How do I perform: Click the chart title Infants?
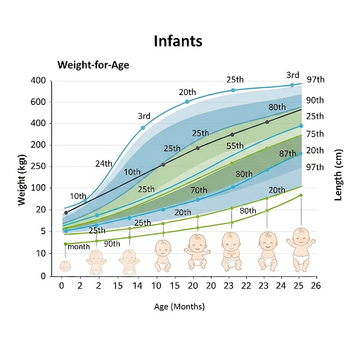coord(178,41)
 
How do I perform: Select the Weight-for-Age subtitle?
coord(93,65)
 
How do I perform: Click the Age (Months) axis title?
coord(179,307)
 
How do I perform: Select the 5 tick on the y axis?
coord(43,231)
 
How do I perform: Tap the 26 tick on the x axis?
coord(316,286)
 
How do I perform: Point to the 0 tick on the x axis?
coord(62,286)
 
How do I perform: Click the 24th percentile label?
coord(104,164)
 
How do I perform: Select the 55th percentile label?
coord(235,146)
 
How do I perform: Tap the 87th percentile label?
coord(287,153)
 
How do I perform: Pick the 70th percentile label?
coord(198,190)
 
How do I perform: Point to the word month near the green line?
coord(79,247)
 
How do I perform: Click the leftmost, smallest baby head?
coord(65,266)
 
